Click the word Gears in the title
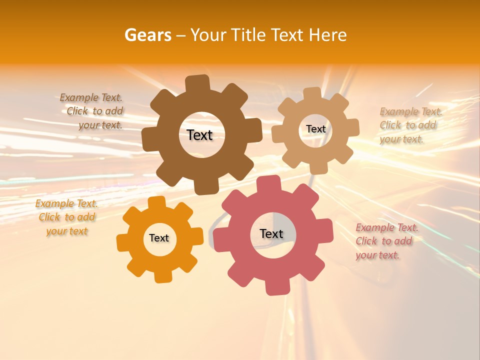pos(147,35)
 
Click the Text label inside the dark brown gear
pos(199,135)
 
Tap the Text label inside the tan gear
pos(315,129)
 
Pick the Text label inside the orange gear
pos(159,238)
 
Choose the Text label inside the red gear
pos(271,233)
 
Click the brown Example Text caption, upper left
pos(91,111)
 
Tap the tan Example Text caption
pos(410,125)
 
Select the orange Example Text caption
pos(66,217)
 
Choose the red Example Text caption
pos(386,241)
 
